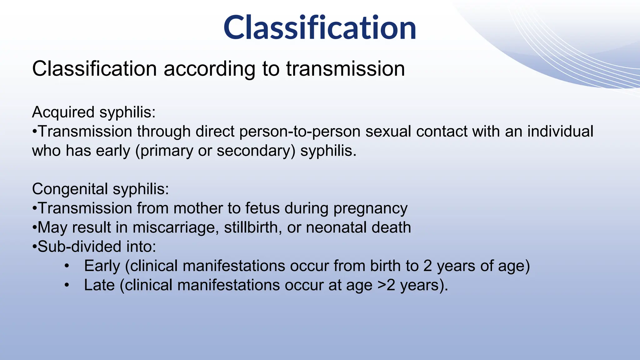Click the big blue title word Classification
(x=320, y=28)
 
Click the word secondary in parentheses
(x=256, y=151)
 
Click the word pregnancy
(x=370, y=208)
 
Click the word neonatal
(x=332, y=227)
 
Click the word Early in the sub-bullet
(x=102, y=266)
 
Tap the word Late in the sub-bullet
(x=99, y=285)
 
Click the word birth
(x=385, y=266)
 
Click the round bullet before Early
(x=67, y=266)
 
